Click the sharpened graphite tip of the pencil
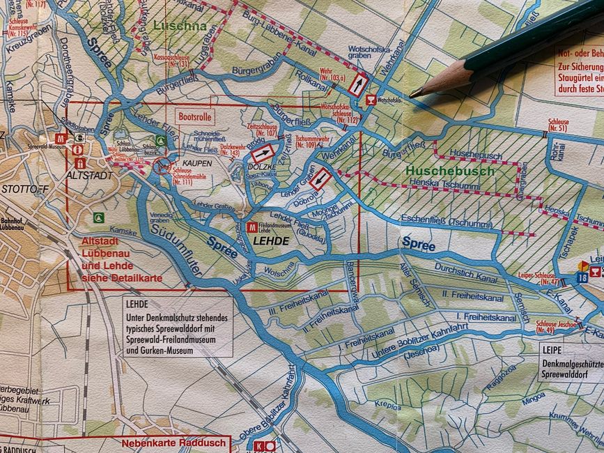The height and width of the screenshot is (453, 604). tap(415, 93)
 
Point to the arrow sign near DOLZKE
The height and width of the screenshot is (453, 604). tap(262, 153)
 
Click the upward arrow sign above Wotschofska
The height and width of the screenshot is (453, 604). tap(357, 85)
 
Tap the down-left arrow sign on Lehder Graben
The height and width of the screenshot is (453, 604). tap(320, 178)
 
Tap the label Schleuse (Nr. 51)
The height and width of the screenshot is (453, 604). tap(557, 124)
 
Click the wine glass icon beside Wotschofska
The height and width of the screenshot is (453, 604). tap(371, 100)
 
